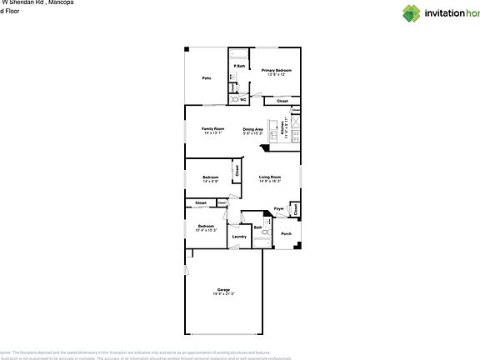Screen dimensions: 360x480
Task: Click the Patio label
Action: click(206, 78)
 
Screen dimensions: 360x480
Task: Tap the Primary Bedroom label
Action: click(276, 71)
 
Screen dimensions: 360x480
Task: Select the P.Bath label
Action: click(239, 66)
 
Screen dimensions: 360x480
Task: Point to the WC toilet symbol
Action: click(235, 99)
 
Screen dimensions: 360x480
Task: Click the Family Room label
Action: click(213, 128)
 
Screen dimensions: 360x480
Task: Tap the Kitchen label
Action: click(284, 130)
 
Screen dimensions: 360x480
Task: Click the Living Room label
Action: click(269, 177)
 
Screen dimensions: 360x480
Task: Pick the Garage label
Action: click(223, 289)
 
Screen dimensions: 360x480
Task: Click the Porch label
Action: click(286, 234)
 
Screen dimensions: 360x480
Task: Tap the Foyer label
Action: click(280, 208)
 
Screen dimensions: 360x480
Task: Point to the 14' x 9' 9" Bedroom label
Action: click(211, 177)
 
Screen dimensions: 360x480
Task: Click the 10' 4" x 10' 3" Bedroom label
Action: click(205, 226)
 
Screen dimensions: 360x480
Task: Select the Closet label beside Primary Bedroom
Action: click(282, 101)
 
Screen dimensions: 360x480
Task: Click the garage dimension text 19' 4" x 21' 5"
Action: click(223, 294)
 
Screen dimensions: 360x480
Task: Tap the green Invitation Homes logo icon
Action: click(412, 12)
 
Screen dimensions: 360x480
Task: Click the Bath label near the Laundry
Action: click(258, 227)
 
